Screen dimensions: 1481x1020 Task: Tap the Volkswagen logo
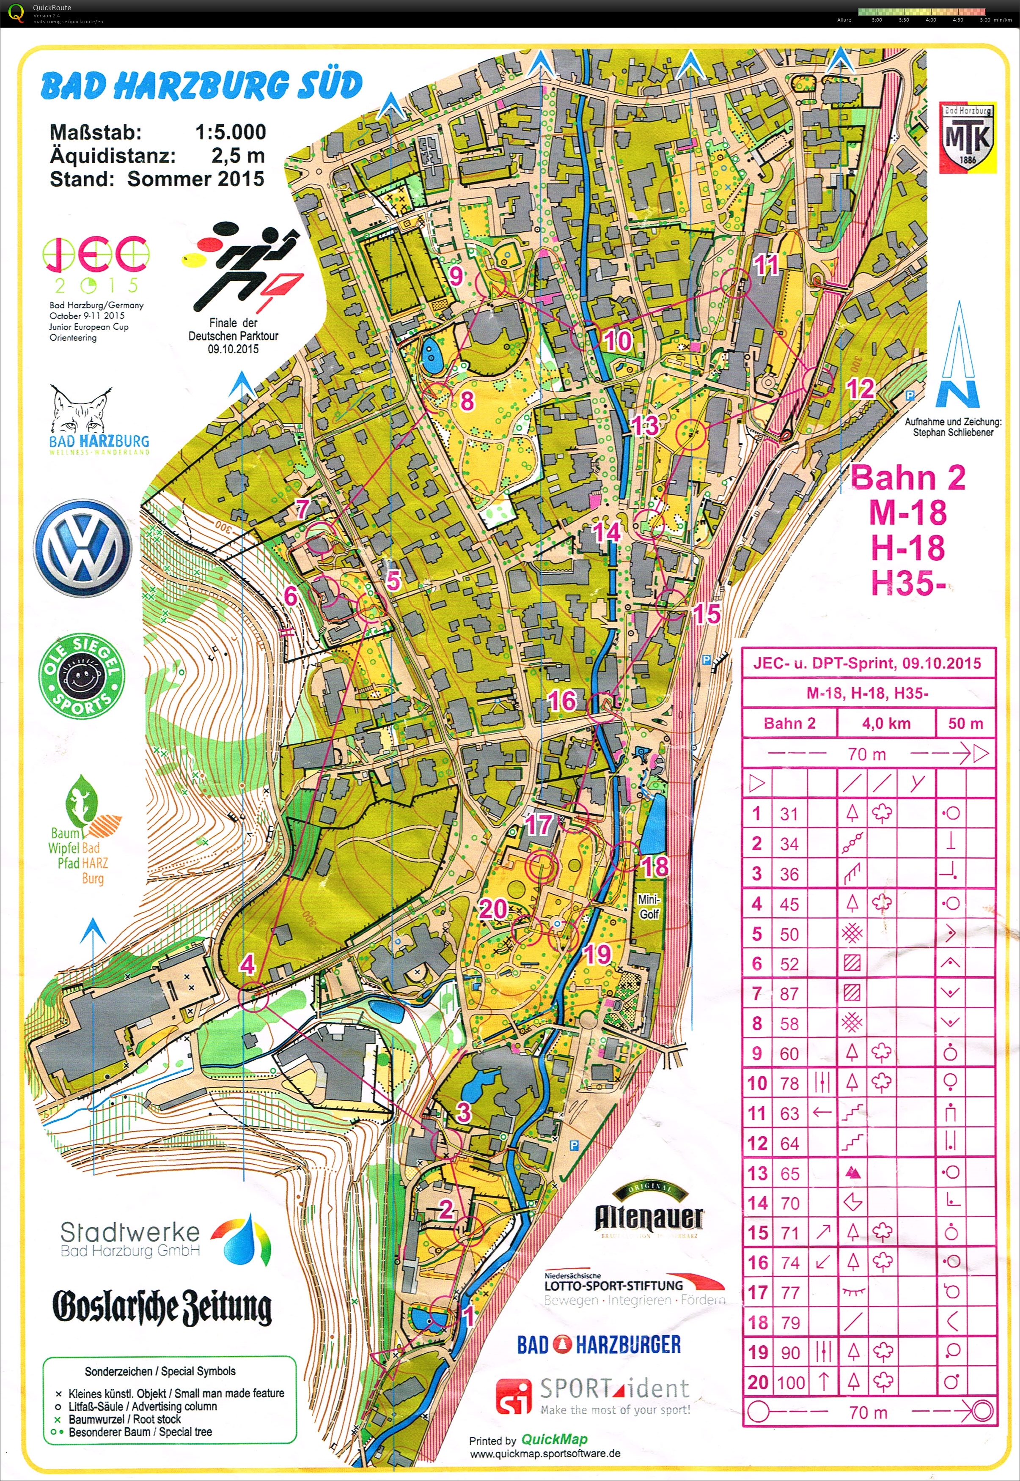point(82,548)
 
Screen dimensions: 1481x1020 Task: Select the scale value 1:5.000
point(230,132)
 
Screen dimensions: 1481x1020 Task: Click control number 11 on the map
point(766,264)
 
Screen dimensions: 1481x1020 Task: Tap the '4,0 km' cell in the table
point(886,723)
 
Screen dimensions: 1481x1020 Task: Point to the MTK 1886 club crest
point(968,138)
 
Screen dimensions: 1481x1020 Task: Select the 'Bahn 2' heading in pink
point(907,478)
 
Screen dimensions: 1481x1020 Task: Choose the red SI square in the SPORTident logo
point(513,1397)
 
